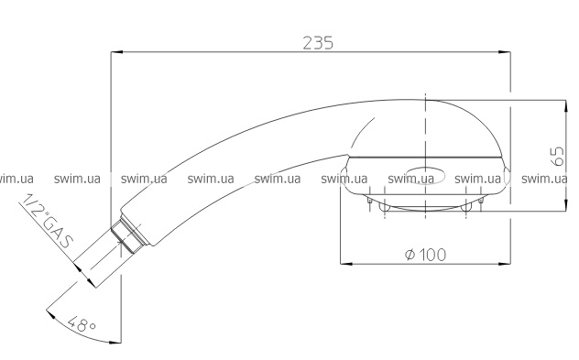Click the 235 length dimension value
(x=318, y=42)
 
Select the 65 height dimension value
(x=558, y=156)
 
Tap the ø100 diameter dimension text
(x=425, y=255)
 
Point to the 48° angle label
(x=82, y=323)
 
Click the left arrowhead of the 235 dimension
(x=116, y=52)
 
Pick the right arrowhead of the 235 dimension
(x=505, y=52)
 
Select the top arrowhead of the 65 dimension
(x=565, y=105)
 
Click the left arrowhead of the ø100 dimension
(x=345, y=264)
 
